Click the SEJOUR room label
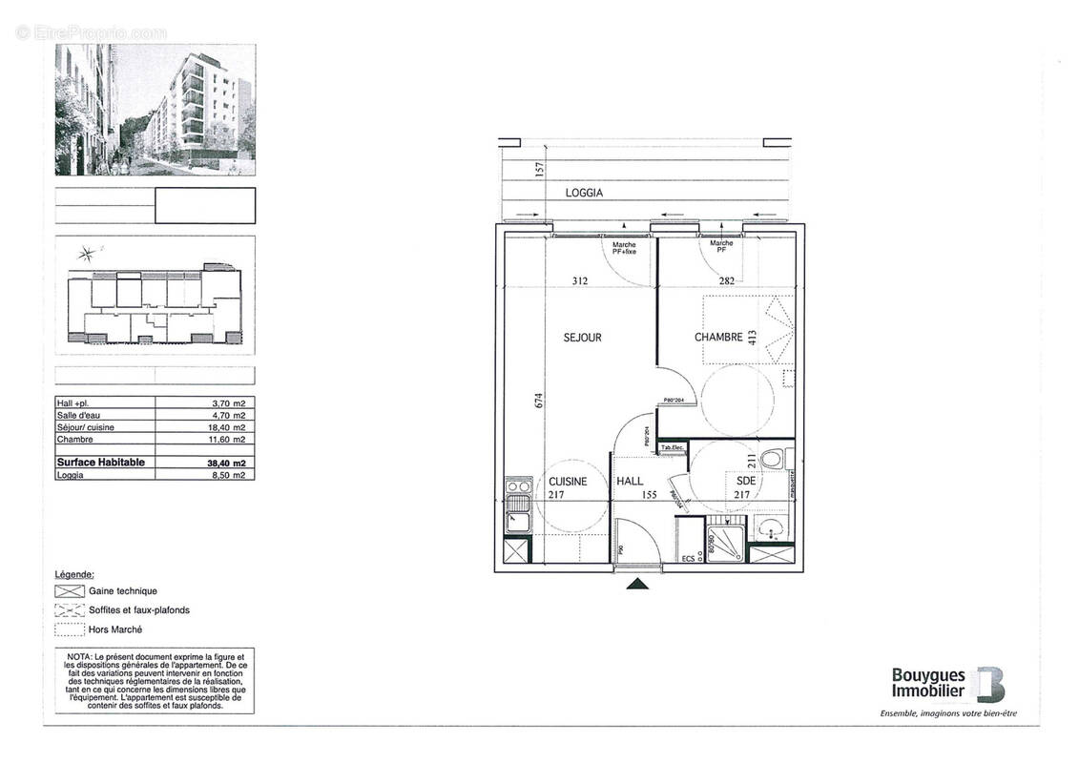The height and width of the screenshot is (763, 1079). (582, 338)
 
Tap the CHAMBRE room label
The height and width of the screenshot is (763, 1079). (718, 338)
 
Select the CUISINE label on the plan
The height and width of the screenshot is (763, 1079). (567, 482)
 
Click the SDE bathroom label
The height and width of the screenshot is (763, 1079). (746, 482)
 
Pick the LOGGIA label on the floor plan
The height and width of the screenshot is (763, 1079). (584, 193)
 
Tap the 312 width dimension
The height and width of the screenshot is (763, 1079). (580, 280)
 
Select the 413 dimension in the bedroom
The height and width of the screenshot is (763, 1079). (753, 337)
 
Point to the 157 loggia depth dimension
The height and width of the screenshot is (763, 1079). (539, 171)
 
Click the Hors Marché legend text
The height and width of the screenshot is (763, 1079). (115, 629)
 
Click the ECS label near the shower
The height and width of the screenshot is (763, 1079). (688, 558)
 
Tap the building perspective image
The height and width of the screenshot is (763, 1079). (155, 110)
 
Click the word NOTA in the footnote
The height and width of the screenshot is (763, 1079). (80, 658)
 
